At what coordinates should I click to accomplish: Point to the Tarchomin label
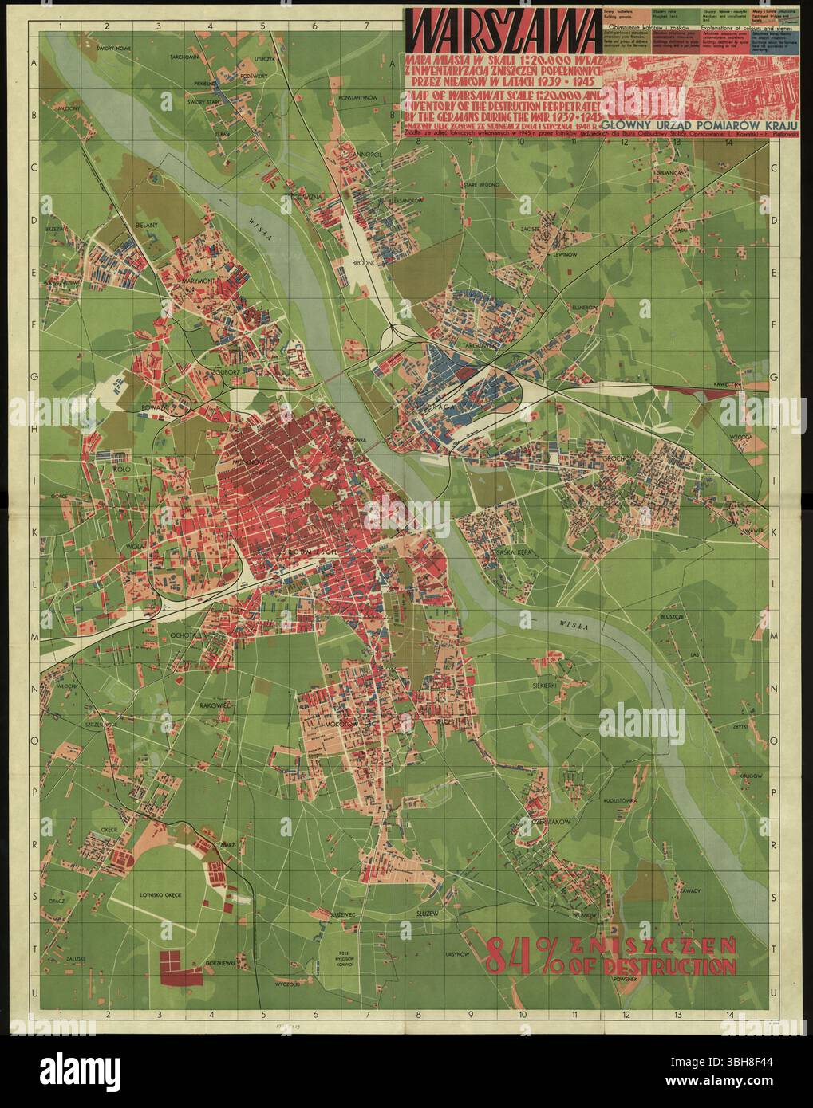[x=184, y=58]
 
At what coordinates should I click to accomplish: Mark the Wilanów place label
[x=585, y=894]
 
